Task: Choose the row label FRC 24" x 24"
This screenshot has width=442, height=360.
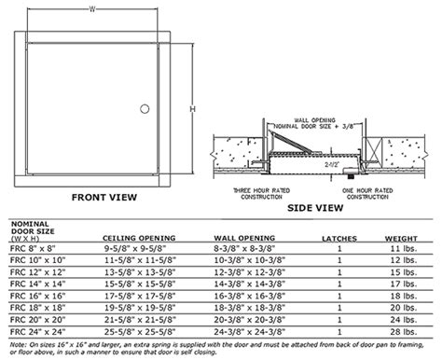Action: pos(36,330)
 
